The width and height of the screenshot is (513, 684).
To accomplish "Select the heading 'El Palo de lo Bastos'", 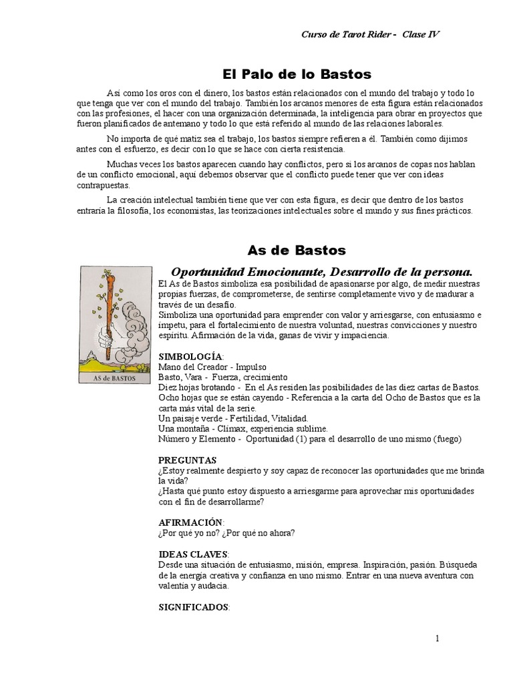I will pyautogui.click(x=297, y=74).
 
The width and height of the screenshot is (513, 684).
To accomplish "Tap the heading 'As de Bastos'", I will pyautogui.click(x=297, y=250).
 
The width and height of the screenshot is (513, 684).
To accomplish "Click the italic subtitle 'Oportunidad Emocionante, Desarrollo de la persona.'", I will pyautogui.click(x=322, y=272).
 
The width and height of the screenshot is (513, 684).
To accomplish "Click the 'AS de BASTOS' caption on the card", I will pyautogui.click(x=115, y=378).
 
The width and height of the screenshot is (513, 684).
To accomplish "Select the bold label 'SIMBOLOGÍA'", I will pyautogui.click(x=190, y=357).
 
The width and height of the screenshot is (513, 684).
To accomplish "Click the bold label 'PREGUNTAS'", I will pyautogui.click(x=187, y=460).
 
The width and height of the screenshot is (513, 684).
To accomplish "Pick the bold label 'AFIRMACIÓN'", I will pyautogui.click(x=191, y=522).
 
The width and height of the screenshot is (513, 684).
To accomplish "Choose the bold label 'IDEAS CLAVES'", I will pyautogui.click(x=193, y=554).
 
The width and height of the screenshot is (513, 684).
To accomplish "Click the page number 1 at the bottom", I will pyautogui.click(x=438, y=639).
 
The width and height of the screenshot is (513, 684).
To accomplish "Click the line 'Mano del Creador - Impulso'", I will pyautogui.click(x=212, y=367).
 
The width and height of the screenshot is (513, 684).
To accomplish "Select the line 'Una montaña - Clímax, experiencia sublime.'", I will pyautogui.click(x=242, y=428).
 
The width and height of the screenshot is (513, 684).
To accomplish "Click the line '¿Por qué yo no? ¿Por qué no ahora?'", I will pyautogui.click(x=226, y=532).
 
